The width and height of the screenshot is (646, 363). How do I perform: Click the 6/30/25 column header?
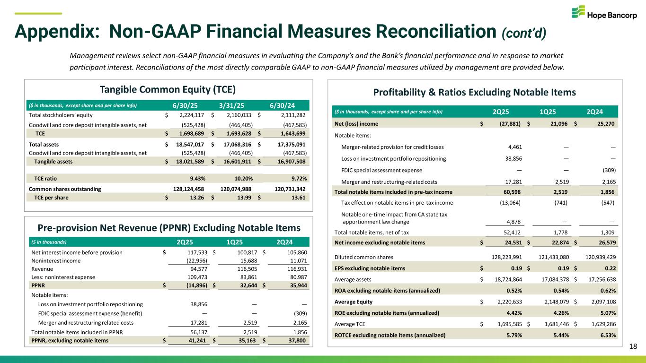pos(186,105)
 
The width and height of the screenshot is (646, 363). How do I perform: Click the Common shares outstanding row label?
pos(65,189)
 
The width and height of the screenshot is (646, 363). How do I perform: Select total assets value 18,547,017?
pos(186,145)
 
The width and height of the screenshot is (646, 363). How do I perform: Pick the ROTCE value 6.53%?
pos(606,335)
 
